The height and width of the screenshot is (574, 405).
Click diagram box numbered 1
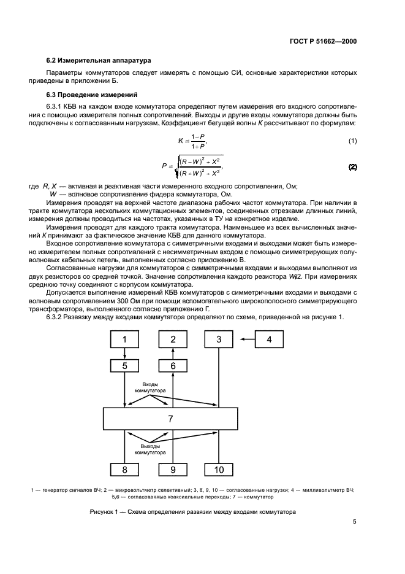(x=125, y=339)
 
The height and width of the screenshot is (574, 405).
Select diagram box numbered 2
(x=173, y=339)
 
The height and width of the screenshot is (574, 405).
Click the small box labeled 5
(x=125, y=365)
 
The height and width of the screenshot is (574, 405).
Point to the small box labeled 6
(x=173, y=365)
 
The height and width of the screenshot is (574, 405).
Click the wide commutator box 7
(x=170, y=419)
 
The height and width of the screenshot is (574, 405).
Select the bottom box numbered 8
(x=125, y=470)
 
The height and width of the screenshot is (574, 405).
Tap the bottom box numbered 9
(x=173, y=470)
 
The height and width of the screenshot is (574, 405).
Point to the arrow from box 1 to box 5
(x=125, y=353)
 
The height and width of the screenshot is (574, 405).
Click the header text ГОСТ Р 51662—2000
(x=322, y=41)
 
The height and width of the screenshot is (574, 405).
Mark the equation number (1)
(x=352, y=141)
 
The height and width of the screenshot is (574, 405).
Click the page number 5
(x=354, y=522)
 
